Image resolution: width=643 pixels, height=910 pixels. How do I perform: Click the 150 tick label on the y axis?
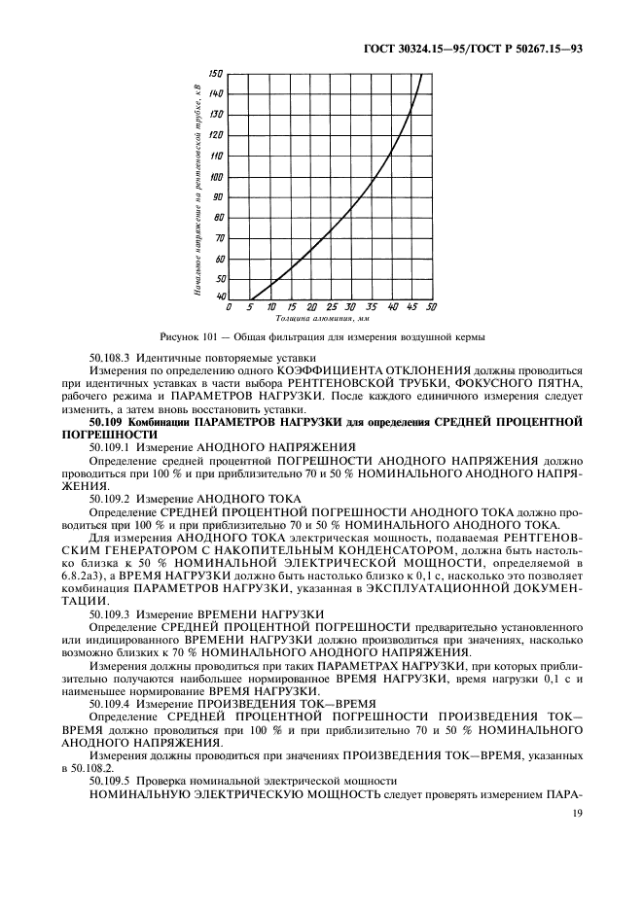point(216,73)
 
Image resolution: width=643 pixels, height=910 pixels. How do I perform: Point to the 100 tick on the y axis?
point(216,177)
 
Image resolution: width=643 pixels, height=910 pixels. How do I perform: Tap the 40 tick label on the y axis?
point(219,297)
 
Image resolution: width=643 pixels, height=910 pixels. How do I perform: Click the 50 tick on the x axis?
point(431,307)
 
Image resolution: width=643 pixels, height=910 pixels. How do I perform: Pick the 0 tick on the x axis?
point(229,307)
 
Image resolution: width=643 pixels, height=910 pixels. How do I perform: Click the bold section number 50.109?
point(113,423)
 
